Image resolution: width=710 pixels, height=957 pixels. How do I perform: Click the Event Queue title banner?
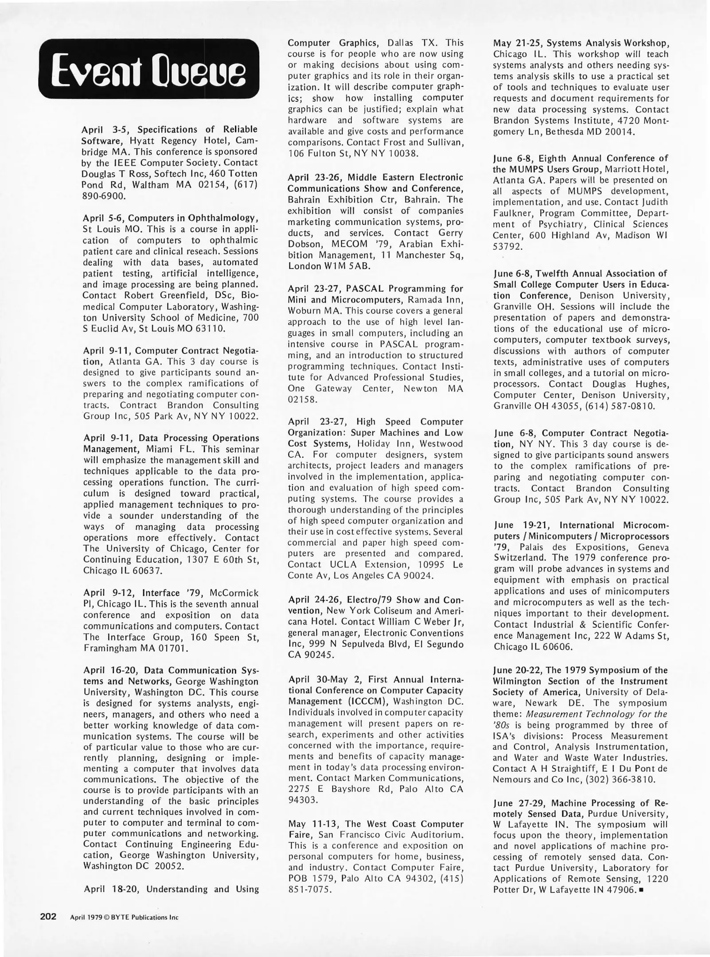(x=148, y=69)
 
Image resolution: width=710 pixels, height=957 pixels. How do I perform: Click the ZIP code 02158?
(x=302, y=399)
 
